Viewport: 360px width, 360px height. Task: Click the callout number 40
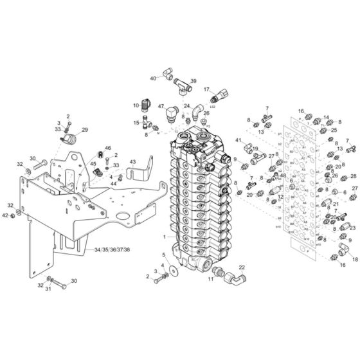(154, 78)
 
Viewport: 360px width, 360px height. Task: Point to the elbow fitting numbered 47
(172, 114)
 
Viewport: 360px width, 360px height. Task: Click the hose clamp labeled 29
(75, 137)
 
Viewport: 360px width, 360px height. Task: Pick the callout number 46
(107, 148)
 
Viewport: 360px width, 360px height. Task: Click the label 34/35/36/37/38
(111, 249)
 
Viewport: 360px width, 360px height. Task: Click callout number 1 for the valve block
(165, 237)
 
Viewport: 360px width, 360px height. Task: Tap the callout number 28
(353, 176)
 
